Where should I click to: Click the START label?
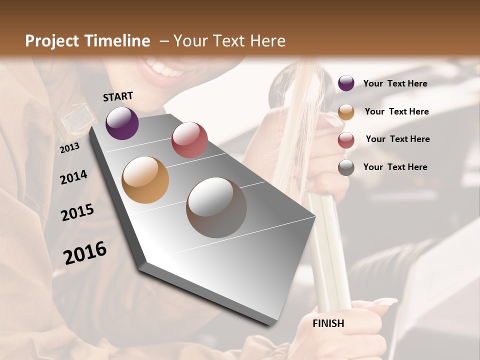coord(118,96)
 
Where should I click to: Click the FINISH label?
coord(328,323)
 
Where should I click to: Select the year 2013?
coord(69,148)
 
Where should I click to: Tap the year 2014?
coord(73,177)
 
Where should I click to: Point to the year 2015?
coord(77,212)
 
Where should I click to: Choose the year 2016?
coord(85,253)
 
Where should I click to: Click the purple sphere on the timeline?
coord(122,123)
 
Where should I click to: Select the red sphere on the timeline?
coord(189,140)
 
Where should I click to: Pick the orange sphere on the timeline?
coord(145,180)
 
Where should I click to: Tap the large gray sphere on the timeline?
coord(216,207)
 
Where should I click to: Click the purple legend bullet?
coord(346,83)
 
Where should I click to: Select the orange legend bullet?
coord(346,112)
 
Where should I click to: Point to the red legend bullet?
coord(346,140)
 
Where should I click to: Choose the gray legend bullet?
coord(346,167)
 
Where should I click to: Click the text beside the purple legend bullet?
coord(395,83)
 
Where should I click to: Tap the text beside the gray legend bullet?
coord(395,167)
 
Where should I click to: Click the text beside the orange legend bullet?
coord(396,111)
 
